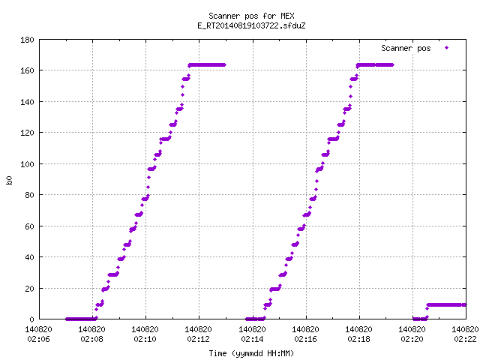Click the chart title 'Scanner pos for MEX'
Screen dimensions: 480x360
pos(251,16)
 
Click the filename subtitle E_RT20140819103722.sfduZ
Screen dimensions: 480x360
pos(251,25)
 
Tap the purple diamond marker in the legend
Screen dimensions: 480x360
pos(447,48)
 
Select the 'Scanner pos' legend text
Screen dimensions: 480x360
pos(406,48)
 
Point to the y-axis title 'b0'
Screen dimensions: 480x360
pos(9,180)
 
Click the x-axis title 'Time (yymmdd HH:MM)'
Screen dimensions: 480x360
pos(251,353)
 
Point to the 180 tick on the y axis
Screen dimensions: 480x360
pos(27,40)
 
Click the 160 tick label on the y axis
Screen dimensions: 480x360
pos(27,70)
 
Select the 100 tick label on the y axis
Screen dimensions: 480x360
pos(27,164)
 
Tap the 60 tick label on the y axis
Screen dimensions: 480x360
pos(29,226)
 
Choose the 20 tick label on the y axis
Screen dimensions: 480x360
pos(29,288)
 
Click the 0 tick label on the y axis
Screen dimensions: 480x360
pos(31,319)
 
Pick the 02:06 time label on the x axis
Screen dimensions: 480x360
pos(38,339)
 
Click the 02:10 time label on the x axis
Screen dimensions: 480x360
pos(145,339)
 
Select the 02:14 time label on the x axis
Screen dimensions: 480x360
pos(252,339)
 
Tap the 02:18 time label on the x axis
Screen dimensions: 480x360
pos(358,339)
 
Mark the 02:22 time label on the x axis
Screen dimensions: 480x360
pos(465,339)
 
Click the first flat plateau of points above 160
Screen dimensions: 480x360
pos(207,65)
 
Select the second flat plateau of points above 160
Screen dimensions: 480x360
pos(375,65)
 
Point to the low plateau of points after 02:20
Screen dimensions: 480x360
pos(447,305)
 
